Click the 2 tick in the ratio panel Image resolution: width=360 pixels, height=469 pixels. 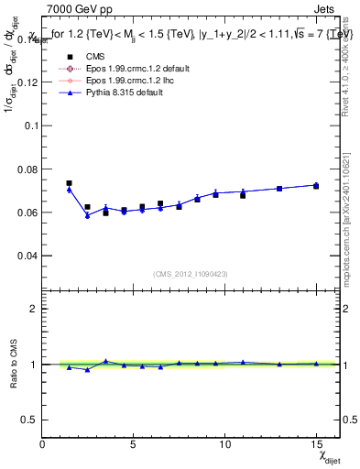coord(35,309)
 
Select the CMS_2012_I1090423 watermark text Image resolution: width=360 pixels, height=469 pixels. coord(191,273)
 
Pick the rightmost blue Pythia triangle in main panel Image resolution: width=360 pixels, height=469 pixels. coord(316,185)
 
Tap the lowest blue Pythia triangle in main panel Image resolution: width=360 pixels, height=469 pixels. coord(87,215)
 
